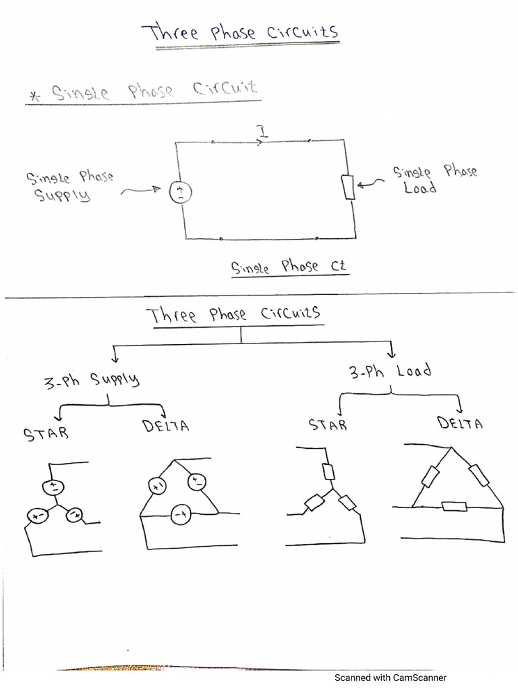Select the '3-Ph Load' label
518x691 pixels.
[391, 371]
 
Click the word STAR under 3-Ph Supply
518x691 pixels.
[46, 432]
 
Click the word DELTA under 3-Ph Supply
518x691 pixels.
[165, 426]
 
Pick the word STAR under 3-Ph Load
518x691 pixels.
[327, 424]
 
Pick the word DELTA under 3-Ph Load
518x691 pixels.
[460, 424]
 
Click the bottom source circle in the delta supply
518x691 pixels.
[180, 516]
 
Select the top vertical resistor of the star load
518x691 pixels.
[329, 472]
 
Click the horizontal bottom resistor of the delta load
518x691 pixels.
[453, 506]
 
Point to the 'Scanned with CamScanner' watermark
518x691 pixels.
[390, 678]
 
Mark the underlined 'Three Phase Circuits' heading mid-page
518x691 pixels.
[233, 315]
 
